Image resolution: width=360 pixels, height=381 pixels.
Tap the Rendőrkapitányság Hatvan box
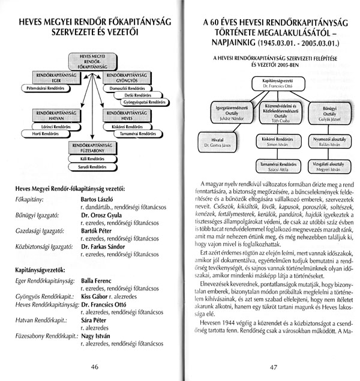point(54,115)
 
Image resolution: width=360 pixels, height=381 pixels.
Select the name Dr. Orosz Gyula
point(103,214)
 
